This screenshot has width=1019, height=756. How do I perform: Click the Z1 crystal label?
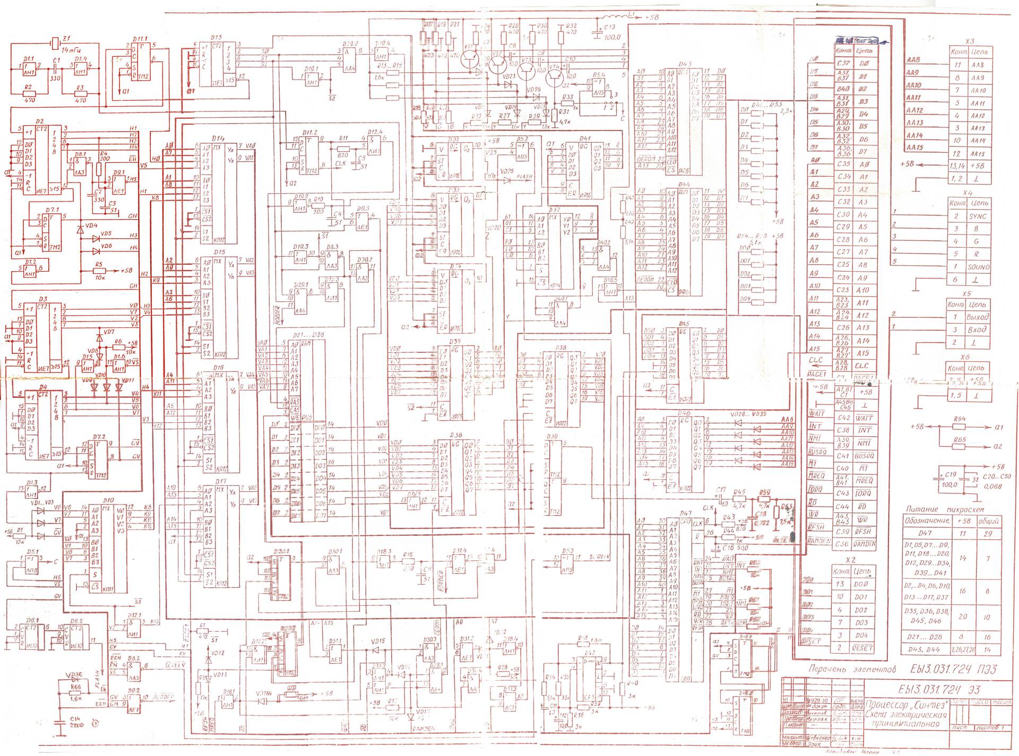(x=66, y=38)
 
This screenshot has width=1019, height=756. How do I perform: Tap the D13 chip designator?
(x=216, y=38)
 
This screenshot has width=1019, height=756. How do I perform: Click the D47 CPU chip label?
(x=685, y=514)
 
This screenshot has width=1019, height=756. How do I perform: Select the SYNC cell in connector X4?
(x=978, y=216)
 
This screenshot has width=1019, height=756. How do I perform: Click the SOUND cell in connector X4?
(x=978, y=267)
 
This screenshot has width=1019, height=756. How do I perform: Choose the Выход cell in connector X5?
(x=977, y=317)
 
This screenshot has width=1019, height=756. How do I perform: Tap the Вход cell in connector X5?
(x=977, y=329)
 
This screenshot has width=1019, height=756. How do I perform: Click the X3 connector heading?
(x=970, y=41)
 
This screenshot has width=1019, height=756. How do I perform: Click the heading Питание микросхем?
(x=953, y=509)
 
